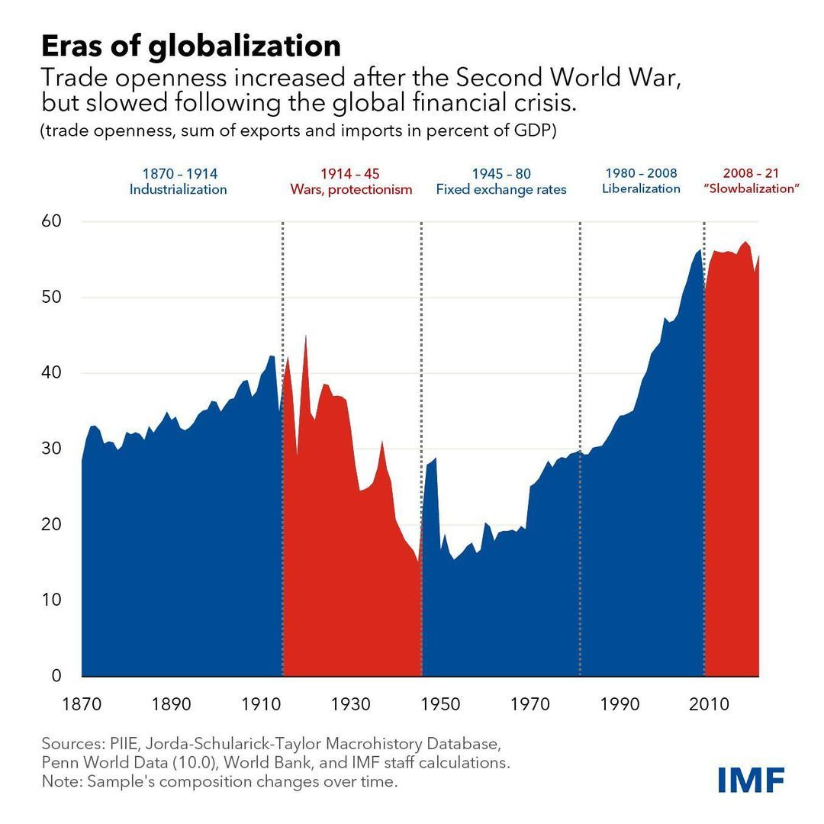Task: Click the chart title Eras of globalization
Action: [191, 46]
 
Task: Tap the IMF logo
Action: [751, 779]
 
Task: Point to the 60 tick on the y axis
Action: [50, 221]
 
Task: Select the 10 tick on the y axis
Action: [50, 600]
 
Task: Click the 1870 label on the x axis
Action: [81, 703]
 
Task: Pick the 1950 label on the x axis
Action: [441, 703]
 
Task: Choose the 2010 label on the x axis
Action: [710, 703]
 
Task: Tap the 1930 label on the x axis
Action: [351, 703]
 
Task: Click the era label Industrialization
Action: [178, 189]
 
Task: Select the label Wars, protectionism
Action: [351, 189]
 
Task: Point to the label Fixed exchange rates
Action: [501, 189]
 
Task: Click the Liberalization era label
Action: [641, 188]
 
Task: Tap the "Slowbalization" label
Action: [751, 188]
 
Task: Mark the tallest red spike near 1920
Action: [306, 336]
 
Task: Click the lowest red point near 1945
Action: [418, 562]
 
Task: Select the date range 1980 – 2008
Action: [641, 173]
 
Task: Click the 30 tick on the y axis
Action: [50, 449]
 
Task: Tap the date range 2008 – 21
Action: [751, 173]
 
